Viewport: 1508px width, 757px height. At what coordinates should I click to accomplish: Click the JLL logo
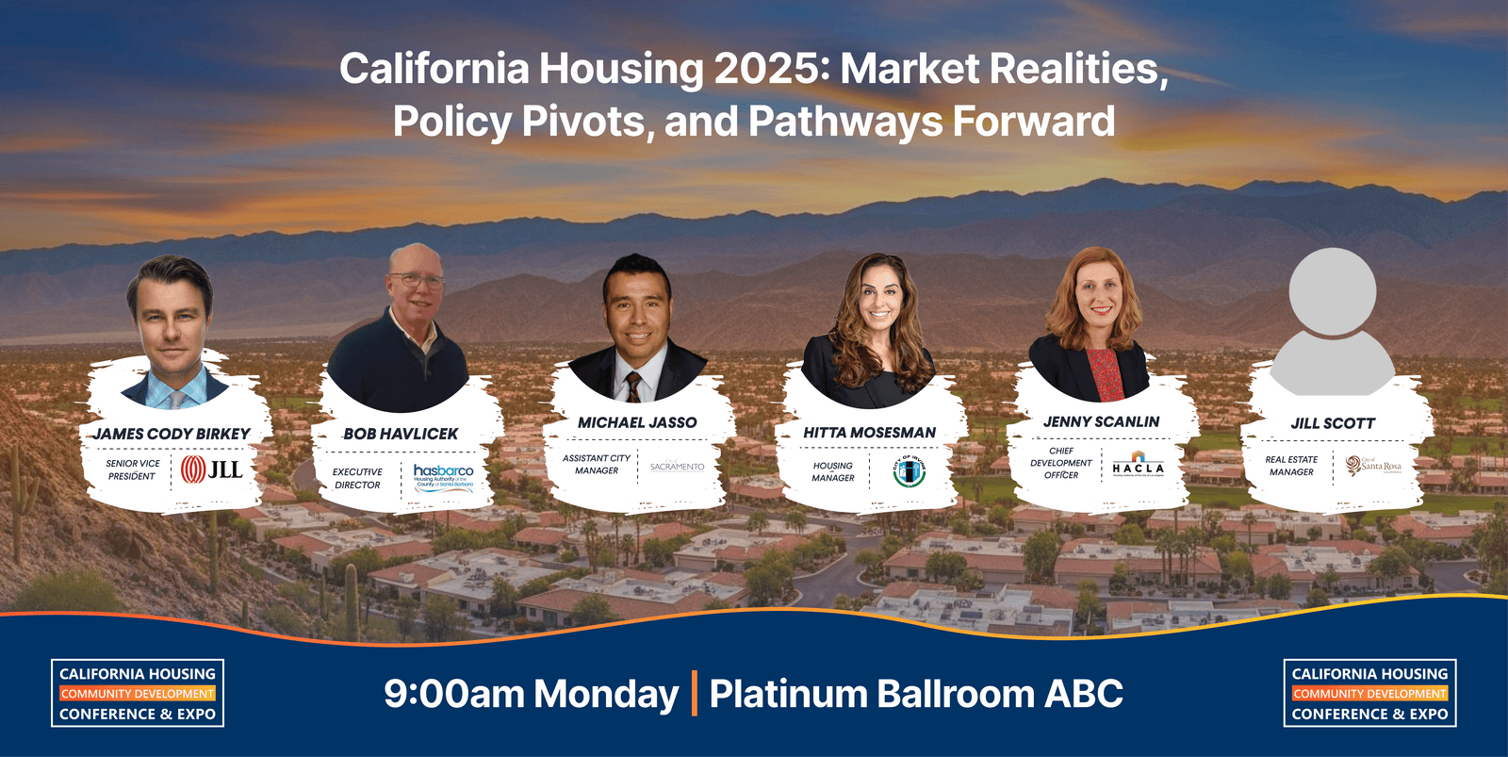[211, 469]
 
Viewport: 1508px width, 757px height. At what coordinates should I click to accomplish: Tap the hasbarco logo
[443, 474]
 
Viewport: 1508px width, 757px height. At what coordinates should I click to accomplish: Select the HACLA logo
[1138, 467]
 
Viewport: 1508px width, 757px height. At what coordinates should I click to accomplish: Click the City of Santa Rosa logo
[1373, 466]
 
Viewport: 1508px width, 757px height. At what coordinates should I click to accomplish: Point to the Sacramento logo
[677, 467]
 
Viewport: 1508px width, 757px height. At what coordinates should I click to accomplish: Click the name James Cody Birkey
[172, 434]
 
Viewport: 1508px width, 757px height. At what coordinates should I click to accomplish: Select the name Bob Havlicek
[401, 434]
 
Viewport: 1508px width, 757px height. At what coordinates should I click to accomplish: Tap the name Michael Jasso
[637, 422]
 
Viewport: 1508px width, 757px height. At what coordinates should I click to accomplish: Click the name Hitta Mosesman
[869, 433]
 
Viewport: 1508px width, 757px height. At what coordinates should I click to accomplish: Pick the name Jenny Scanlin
[1101, 421]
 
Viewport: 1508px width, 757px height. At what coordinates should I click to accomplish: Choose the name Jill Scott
[1333, 423]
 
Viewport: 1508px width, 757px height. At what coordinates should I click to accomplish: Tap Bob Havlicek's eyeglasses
[416, 281]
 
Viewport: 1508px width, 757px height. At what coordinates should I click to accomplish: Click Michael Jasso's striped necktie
[634, 387]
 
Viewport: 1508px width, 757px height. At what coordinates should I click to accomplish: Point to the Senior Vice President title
[133, 469]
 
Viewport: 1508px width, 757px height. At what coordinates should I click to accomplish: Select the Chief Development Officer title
[1061, 463]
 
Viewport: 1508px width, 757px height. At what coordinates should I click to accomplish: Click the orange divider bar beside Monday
[695, 694]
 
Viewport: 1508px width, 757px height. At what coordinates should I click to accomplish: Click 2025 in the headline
[771, 69]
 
